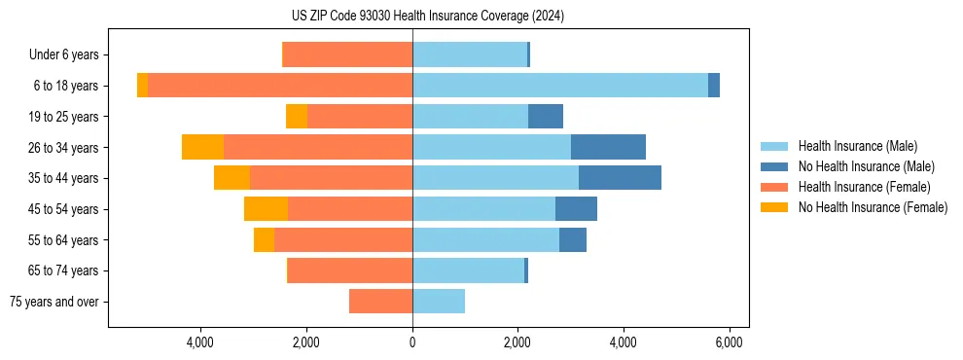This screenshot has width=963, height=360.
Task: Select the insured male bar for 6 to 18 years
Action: point(559,86)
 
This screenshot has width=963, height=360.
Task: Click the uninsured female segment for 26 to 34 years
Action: point(202,147)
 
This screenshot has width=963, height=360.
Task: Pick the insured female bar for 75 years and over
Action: point(380,302)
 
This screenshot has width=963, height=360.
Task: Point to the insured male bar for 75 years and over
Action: point(439,302)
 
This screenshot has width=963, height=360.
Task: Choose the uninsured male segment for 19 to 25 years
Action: point(546,117)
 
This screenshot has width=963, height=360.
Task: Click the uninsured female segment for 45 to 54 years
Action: point(266,209)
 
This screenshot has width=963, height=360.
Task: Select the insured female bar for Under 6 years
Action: point(347,54)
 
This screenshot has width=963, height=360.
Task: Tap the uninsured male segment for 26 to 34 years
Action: point(608,147)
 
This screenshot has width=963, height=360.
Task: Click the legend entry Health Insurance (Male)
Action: point(857,146)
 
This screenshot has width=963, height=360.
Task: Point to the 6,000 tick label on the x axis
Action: point(730,343)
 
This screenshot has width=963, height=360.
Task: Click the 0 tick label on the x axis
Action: point(412,343)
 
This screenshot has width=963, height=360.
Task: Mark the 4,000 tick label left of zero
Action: point(200,343)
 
